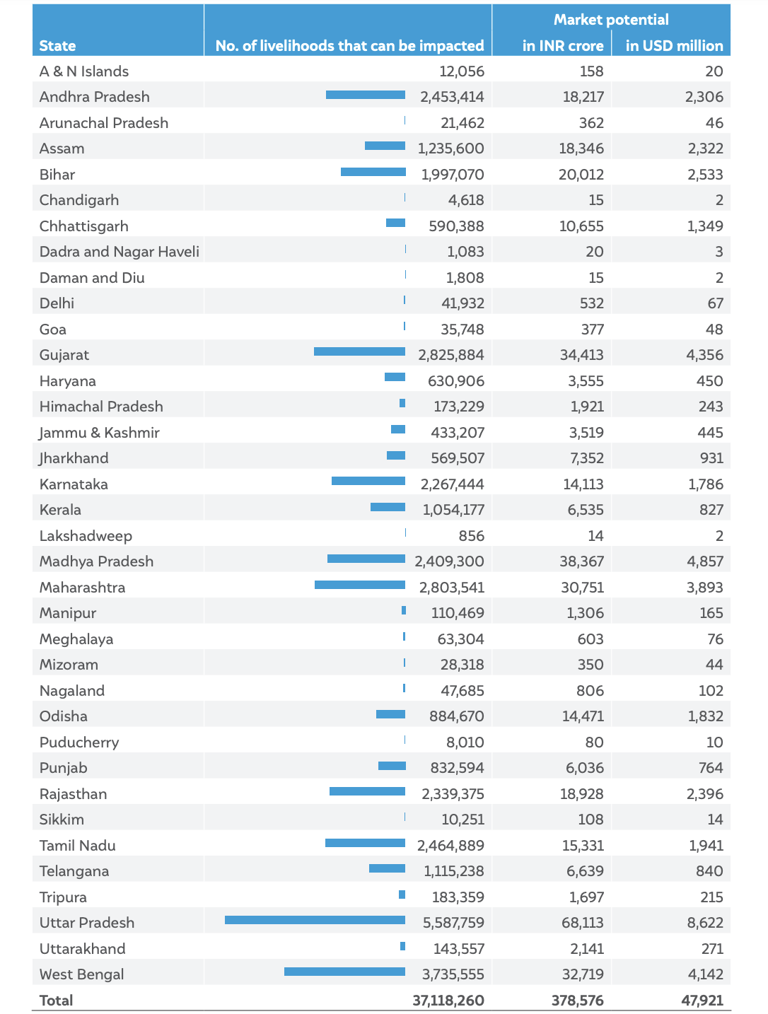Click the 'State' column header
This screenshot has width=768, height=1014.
(x=57, y=46)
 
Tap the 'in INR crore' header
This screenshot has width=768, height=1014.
(x=563, y=46)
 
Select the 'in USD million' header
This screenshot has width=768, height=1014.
(x=674, y=46)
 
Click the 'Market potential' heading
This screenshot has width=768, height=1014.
(x=611, y=19)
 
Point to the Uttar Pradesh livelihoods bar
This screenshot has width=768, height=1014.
(x=315, y=920)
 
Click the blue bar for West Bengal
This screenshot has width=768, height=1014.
(x=344, y=972)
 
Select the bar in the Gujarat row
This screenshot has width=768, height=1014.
(x=359, y=351)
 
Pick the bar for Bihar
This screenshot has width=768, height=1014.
(x=373, y=172)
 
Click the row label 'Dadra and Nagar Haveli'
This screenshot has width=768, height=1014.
(x=119, y=252)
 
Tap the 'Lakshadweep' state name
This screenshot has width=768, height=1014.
(x=86, y=536)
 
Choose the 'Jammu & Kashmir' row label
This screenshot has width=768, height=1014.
(x=99, y=433)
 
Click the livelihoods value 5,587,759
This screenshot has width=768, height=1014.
(x=453, y=923)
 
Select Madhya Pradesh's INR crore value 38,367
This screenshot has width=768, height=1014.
(x=582, y=561)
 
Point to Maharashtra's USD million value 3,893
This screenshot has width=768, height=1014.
(x=705, y=587)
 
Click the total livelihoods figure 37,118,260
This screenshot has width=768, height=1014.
(x=448, y=1000)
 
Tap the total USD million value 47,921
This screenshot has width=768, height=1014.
(x=702, y=1000)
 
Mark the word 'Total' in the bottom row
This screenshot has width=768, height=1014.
(x=57, y=1000)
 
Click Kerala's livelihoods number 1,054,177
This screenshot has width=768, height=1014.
(x=453, y=510)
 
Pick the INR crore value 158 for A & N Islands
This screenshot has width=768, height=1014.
(x=592, y=71)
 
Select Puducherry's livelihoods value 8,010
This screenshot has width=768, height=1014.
(x=465, y=742)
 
